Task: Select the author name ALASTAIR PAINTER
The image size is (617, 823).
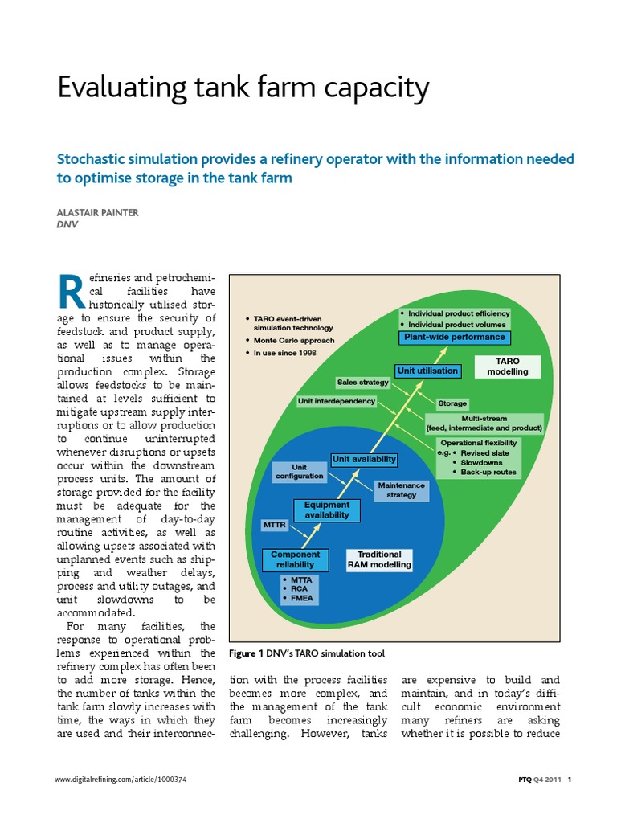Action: click(x=98, y=214)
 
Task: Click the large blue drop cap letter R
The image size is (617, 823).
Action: click(x=72, y=292)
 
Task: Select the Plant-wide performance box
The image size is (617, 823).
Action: click(x=454, y=338)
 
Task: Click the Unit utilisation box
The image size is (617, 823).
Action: click(x=427, y=371)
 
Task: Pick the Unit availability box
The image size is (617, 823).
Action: click(x=364, y=459)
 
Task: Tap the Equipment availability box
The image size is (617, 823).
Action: click(x=327, y=510)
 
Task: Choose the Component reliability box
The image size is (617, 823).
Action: click(x=295, y=559)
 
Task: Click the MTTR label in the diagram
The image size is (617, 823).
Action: click(x=275, y=525)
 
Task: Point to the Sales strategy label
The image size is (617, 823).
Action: click(x=362, y=383)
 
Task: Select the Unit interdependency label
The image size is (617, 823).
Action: click(x=337, y=400)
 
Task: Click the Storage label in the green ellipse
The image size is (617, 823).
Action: click(x=452, y=403)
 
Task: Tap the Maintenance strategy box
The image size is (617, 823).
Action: click(x=401, y=490)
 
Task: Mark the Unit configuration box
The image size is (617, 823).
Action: click(x=299, y=472)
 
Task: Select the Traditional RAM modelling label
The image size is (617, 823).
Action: click(x=379, y=559)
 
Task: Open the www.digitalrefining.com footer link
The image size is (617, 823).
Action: click(x=121, y=780)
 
